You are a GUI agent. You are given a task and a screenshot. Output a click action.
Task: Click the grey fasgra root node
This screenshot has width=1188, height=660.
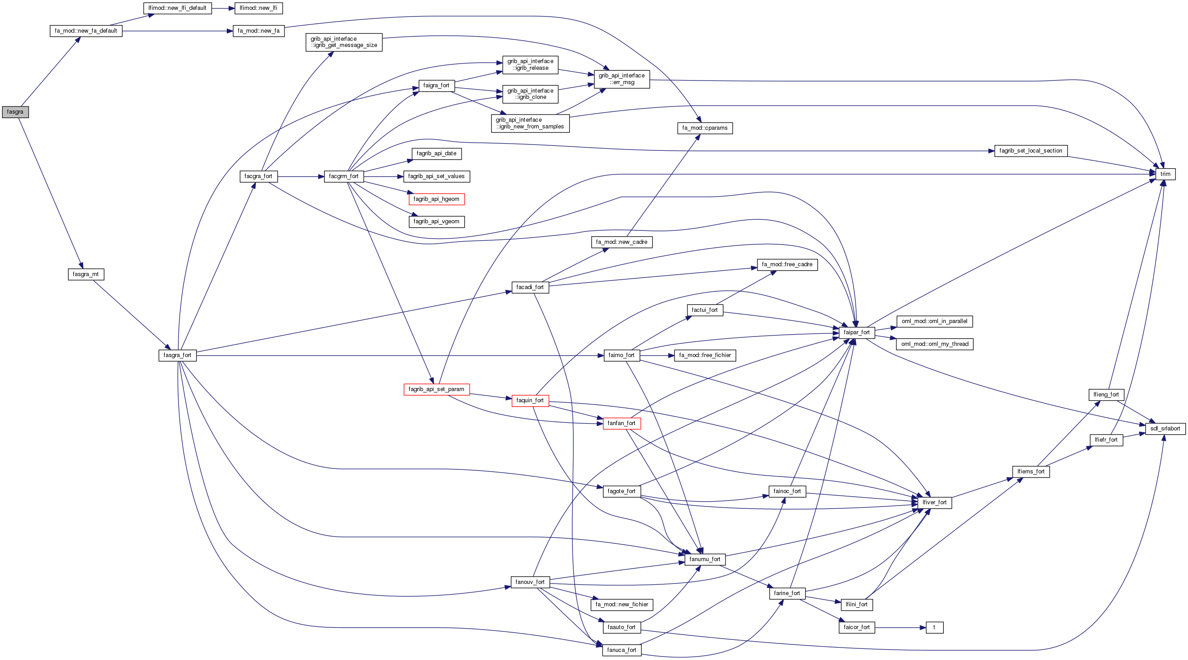(15, 112)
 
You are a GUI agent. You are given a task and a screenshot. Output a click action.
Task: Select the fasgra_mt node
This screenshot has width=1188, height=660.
(86, 274)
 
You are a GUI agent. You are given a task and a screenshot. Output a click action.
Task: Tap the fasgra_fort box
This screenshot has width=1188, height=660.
(178, 356)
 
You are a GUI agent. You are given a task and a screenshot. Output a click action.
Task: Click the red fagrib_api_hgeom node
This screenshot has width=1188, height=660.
(436, 199)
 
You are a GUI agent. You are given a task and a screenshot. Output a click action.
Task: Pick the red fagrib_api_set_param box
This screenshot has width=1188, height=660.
(436, 389)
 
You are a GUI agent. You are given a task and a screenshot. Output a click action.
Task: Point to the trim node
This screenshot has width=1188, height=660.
(1165, 175)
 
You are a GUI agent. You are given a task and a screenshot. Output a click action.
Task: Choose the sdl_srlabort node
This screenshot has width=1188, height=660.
(1165, 429)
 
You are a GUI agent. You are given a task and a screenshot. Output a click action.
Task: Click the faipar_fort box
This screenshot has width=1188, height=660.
(857, 332)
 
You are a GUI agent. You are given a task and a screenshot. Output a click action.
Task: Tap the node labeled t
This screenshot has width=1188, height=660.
(934, 628)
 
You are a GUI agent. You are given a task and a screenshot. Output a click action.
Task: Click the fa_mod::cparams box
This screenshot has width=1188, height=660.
(704, 128)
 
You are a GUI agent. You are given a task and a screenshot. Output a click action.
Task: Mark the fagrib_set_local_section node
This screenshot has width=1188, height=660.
(1031, 151)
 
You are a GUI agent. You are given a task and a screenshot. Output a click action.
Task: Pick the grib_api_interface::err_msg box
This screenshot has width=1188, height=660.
(622, 79)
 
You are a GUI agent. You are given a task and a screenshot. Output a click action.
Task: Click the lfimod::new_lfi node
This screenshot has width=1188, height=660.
(258, 9)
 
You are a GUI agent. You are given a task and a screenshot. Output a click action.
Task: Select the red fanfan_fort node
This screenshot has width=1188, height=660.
(621, 423)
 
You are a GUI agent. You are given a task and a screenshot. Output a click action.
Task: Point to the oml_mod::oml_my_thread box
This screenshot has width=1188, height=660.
(934, 344)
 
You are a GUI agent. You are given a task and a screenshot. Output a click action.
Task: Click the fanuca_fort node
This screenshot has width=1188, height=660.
(621, 650)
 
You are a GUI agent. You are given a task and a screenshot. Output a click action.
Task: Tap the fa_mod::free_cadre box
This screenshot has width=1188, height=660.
(787, 265)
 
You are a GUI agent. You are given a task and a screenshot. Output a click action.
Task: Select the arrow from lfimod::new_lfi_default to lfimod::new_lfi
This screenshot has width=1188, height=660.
(223, 9)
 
